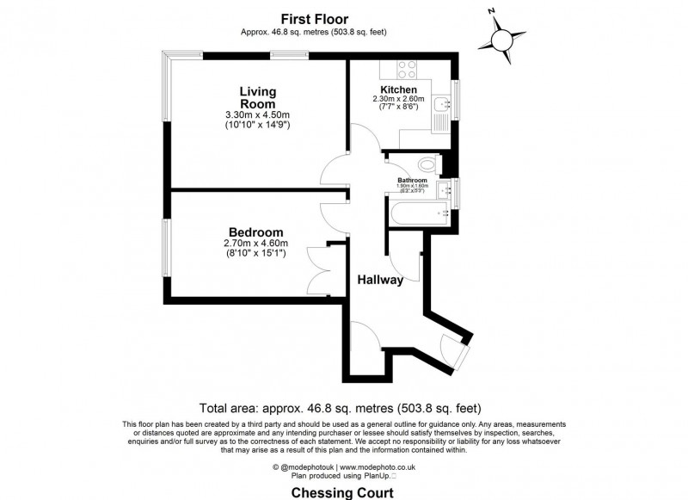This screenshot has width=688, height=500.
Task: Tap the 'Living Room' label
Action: (x=257, y=97)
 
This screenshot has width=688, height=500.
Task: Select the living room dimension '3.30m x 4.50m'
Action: (x=257, y=114)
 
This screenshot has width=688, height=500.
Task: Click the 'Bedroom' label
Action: (x=256, y=231)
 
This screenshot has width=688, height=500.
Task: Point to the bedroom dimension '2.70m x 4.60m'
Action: (x=256, y=243)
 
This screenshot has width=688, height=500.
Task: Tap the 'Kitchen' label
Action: (x=398, y=90)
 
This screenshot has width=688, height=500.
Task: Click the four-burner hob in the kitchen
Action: (x=402, y=70)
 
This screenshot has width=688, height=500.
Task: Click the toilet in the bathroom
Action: (x=427, y=163)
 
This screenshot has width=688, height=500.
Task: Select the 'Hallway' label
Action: (x=381, y=279)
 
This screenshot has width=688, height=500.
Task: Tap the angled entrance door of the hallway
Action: (x=452, y=349)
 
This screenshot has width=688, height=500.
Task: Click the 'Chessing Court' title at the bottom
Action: (x=343, y=493)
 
